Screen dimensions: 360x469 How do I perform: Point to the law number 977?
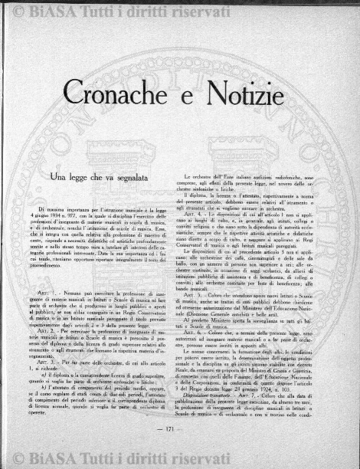pos(95,215)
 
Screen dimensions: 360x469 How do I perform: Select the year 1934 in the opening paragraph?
pos(68,215)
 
